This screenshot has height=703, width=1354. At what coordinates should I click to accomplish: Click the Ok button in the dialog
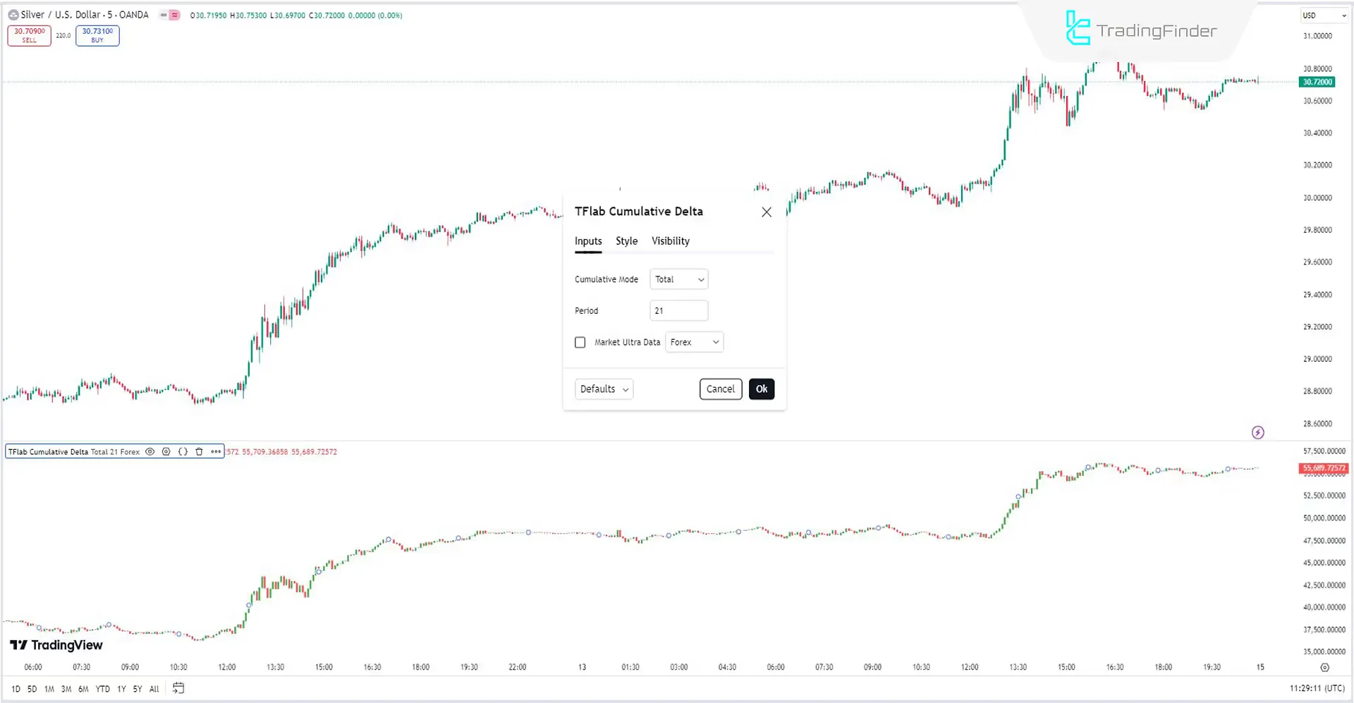[762, 389]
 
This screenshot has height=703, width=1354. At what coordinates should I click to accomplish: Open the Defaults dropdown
[604, 389]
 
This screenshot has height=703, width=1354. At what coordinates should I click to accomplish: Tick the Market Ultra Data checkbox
[580, 343]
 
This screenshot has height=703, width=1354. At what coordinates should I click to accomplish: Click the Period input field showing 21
[678, 311]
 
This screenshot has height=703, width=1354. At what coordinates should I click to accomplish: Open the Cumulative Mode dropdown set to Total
[678, 280]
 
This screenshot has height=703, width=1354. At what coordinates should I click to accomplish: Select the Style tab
[626, 241]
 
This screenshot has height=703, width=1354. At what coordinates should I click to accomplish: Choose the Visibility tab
[670, 241]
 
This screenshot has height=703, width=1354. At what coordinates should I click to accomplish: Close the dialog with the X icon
[767, 212]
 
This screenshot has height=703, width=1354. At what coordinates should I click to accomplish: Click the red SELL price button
[29, 35]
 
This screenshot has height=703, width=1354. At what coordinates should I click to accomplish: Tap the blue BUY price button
[97, 35]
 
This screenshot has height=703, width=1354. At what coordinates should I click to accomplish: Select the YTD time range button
[103, 689]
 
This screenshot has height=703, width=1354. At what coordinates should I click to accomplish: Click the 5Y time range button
[138, 689]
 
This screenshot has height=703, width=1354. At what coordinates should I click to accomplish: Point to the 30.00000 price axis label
[1317, 198]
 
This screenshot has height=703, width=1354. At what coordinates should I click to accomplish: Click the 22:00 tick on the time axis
[518, 667]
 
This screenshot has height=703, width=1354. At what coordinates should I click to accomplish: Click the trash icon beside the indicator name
[199, 452]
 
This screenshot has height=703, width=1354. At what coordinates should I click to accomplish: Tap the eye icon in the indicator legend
[150, 452]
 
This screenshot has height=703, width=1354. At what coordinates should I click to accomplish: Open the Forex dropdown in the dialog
[695, 343]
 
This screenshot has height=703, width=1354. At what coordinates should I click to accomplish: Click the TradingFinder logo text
[1157, 31]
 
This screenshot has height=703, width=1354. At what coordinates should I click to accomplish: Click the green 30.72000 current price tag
[1317, 82]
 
